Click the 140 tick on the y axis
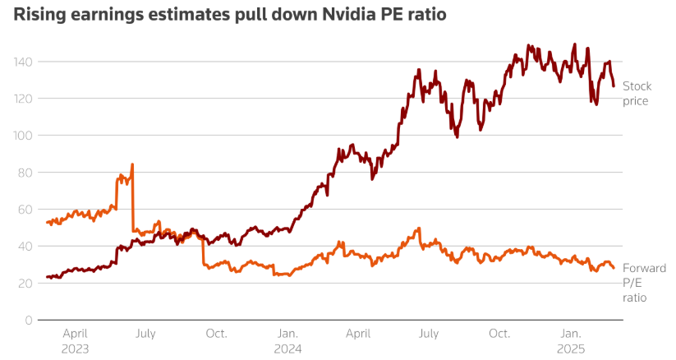(21, 62)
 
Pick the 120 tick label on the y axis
(21, 99)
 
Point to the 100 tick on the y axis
(21, 136)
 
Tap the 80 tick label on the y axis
(25, 173)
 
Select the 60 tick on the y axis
(25, 210)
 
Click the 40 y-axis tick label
(25, 247)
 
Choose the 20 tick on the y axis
(25, 284)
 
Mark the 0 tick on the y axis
(28, 321)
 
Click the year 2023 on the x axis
(76, 348)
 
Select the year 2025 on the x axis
(571, 348)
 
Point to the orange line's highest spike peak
(132, 164)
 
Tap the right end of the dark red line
(614, 85)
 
